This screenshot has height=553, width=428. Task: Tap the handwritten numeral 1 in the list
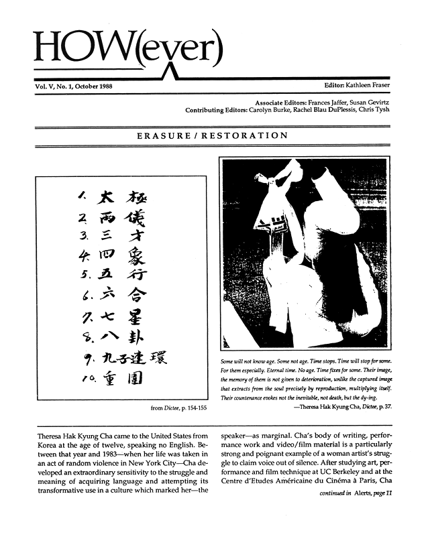[81, 196]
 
